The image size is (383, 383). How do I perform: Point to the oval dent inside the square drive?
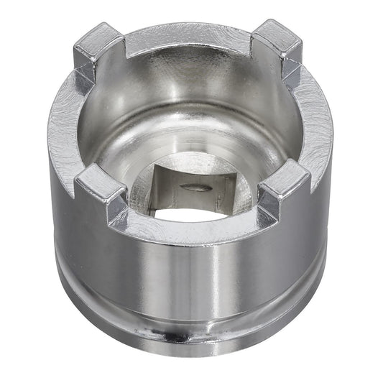tap(196, 188)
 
